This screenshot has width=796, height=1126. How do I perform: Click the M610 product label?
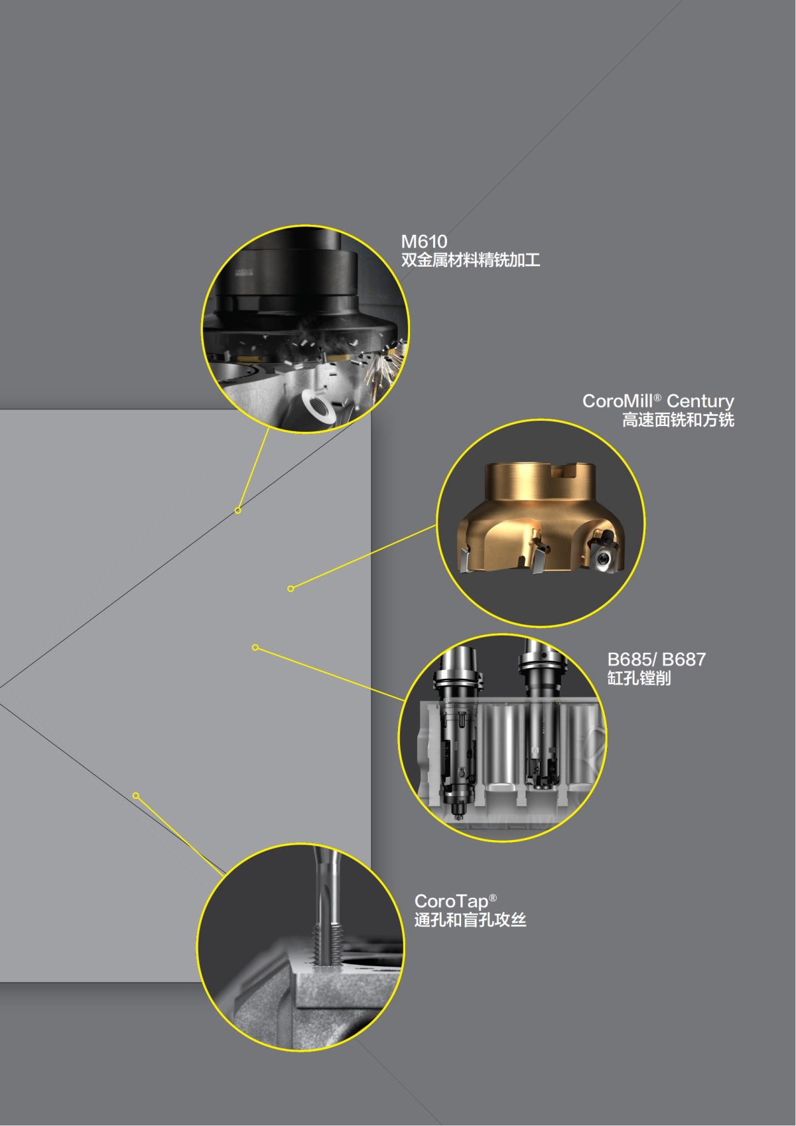pos(424,242)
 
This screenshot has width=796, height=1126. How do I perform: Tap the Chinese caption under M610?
pos(470,260)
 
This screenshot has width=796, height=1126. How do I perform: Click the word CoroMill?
pos(617,401)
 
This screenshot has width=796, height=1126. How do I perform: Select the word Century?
pos(700,401)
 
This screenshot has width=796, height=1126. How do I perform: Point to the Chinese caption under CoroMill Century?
pos(678,420)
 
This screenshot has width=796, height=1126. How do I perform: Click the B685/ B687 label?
pos(656,659)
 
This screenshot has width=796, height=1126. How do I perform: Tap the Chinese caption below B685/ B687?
pos(639,678)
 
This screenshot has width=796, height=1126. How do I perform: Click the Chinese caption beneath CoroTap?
pos(470,920)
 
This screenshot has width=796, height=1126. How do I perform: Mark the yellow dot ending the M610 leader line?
pos(238,510)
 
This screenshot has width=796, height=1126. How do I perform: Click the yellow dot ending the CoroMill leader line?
pos(291,589)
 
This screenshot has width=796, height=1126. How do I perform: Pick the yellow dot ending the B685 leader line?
pos(255,648)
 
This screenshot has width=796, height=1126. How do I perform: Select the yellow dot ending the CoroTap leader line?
pos(136,796)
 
